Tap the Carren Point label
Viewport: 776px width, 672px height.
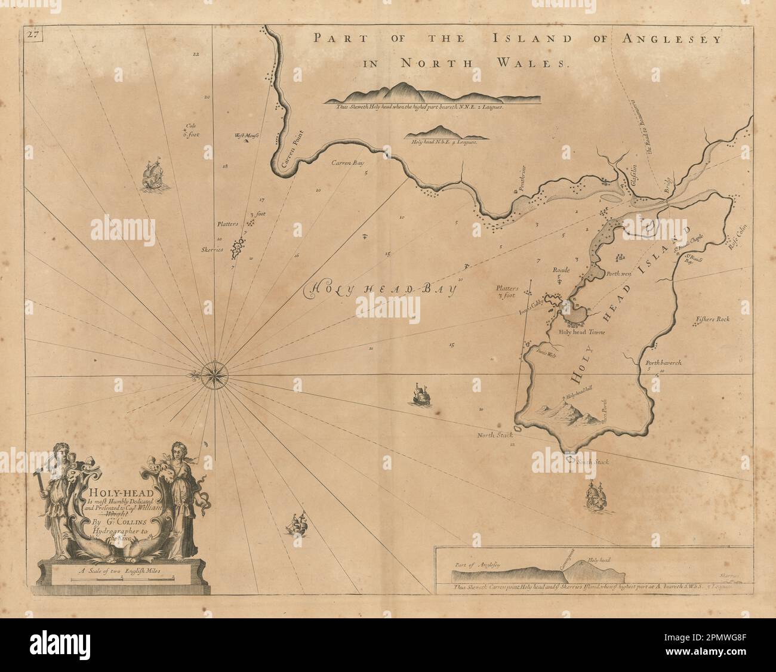(x=285, y=162)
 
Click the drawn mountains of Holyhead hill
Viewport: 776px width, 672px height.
(x=567, y=415)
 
